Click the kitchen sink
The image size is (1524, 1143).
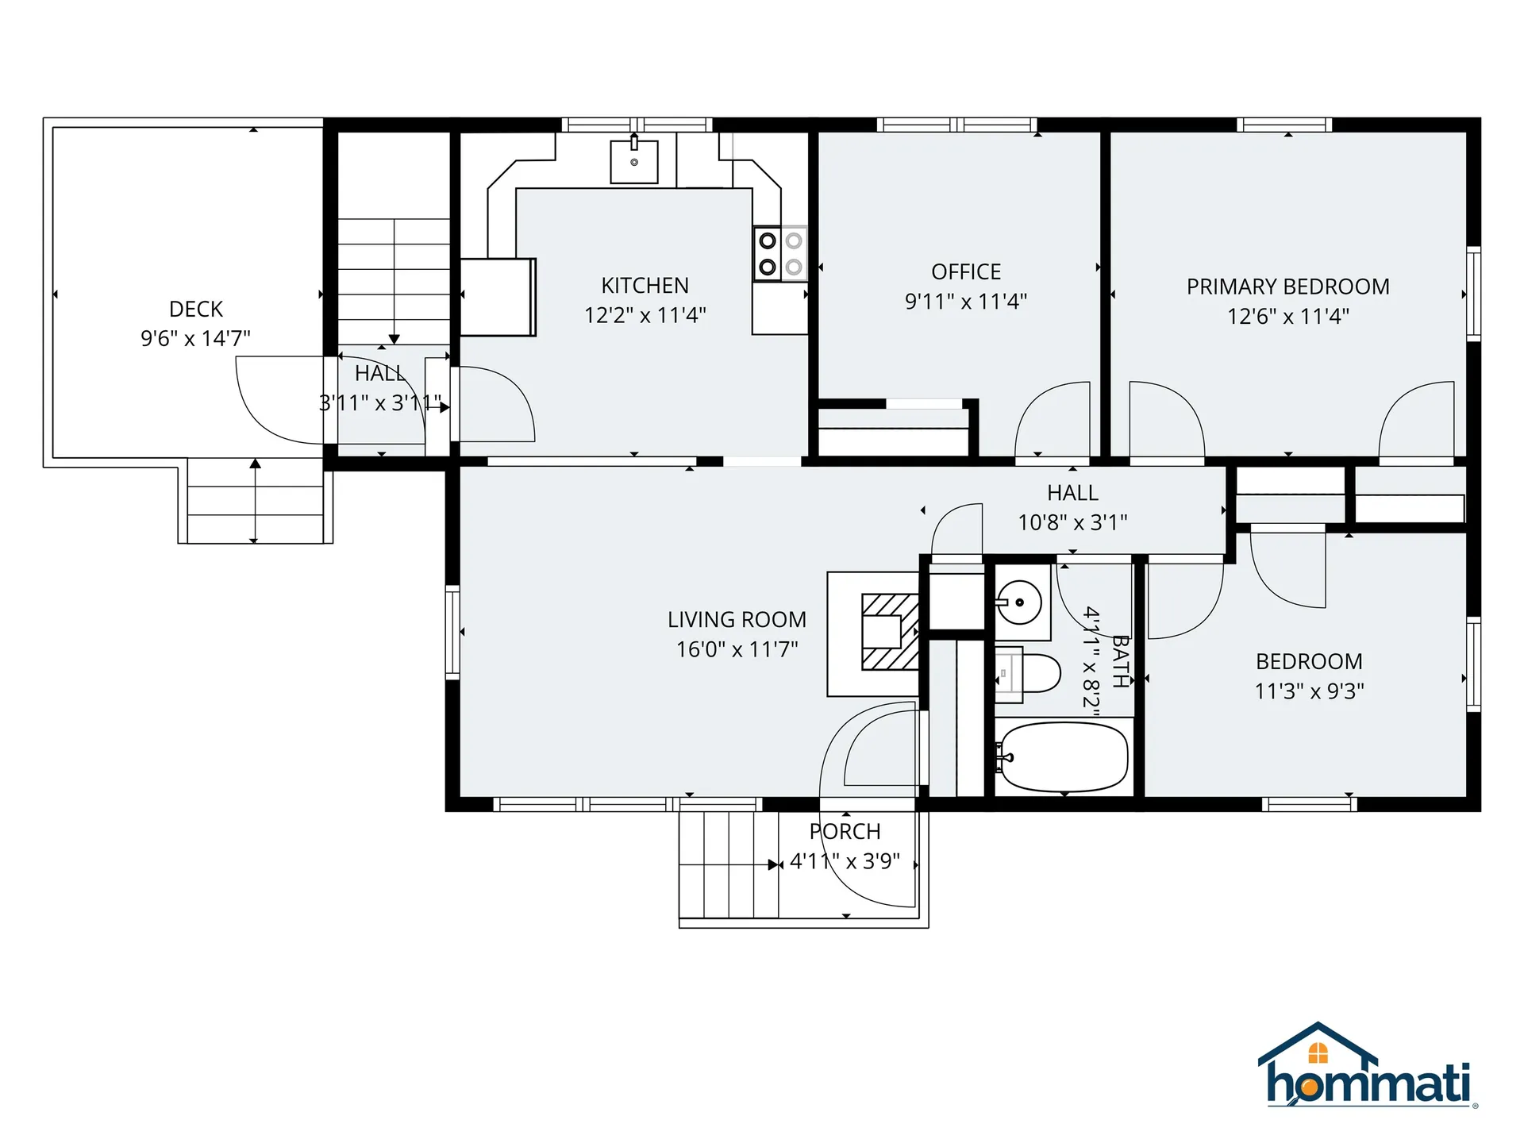633,161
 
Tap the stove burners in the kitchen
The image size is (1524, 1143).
780,254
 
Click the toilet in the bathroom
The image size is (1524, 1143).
1028,674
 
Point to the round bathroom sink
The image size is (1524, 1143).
1019,602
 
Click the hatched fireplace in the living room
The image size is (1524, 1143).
890,632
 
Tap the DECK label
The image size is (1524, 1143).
196,309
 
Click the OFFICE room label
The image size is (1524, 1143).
966,271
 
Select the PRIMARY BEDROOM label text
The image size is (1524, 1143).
1288,287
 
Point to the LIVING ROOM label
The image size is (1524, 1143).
737,619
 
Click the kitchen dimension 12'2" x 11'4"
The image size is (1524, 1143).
645,315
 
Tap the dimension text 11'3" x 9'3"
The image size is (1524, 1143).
1310,691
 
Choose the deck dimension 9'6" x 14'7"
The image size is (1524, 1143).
196,339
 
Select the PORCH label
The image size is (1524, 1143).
845,831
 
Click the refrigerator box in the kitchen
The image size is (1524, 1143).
498,297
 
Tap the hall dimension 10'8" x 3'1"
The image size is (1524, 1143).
1073,522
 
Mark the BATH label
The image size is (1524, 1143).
1120,660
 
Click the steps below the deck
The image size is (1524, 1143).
255,501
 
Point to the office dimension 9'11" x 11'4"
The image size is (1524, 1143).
966,302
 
